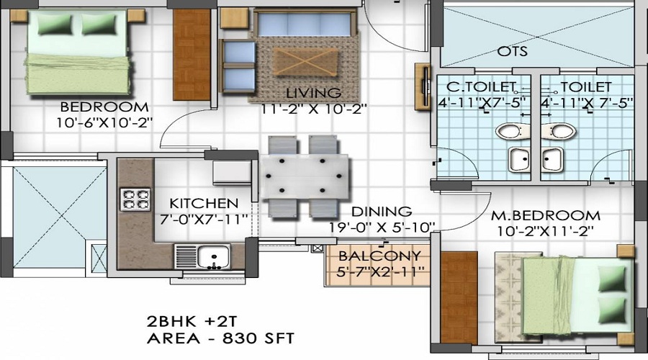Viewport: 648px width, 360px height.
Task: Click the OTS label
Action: point(513,51)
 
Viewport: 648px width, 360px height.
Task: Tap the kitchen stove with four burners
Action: point(135,199)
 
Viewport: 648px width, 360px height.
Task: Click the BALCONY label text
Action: point(379,256)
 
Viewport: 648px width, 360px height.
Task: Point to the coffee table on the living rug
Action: point(305,62)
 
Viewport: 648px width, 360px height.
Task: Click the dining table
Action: point(304,177)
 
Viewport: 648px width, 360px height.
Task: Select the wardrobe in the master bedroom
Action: point(459,297)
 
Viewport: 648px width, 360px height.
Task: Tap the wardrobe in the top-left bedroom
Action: point(192,54)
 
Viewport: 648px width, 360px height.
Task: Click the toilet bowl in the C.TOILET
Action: point(510,132)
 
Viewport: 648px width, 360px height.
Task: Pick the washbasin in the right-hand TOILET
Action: point(552,160)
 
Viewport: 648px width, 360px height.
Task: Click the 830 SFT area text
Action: point(258,338)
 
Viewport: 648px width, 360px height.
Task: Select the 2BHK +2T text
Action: point(192,321)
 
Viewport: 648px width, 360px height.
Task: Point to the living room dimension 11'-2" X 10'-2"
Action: point(314,109)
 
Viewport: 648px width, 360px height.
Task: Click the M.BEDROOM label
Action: point(546,215)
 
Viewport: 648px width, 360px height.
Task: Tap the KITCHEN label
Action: point(204,203)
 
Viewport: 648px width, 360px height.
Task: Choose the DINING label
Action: point(382,211)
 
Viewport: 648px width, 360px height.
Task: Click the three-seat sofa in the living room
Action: point(305,23)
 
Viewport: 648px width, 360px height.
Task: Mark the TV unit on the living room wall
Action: point(423,87)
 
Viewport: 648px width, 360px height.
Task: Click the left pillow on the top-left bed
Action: point(55,24)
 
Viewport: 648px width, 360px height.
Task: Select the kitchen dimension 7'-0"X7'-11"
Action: point(204,219)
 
